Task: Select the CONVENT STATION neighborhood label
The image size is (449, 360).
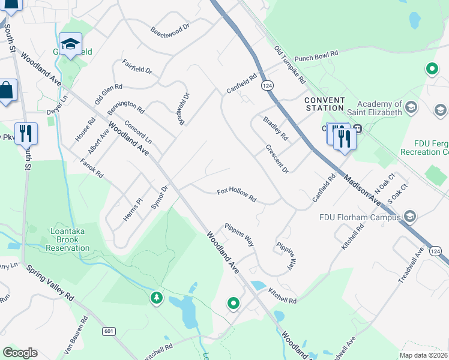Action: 324,104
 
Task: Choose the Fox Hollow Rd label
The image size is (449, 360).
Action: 237,195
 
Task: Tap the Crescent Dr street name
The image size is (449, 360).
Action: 277,159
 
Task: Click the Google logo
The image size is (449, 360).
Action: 20,353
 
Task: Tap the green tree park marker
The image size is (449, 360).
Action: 157,298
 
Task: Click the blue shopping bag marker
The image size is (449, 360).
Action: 6,91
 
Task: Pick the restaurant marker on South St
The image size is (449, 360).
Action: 26,133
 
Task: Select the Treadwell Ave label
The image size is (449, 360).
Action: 411,265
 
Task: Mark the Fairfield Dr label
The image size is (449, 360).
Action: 137,66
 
